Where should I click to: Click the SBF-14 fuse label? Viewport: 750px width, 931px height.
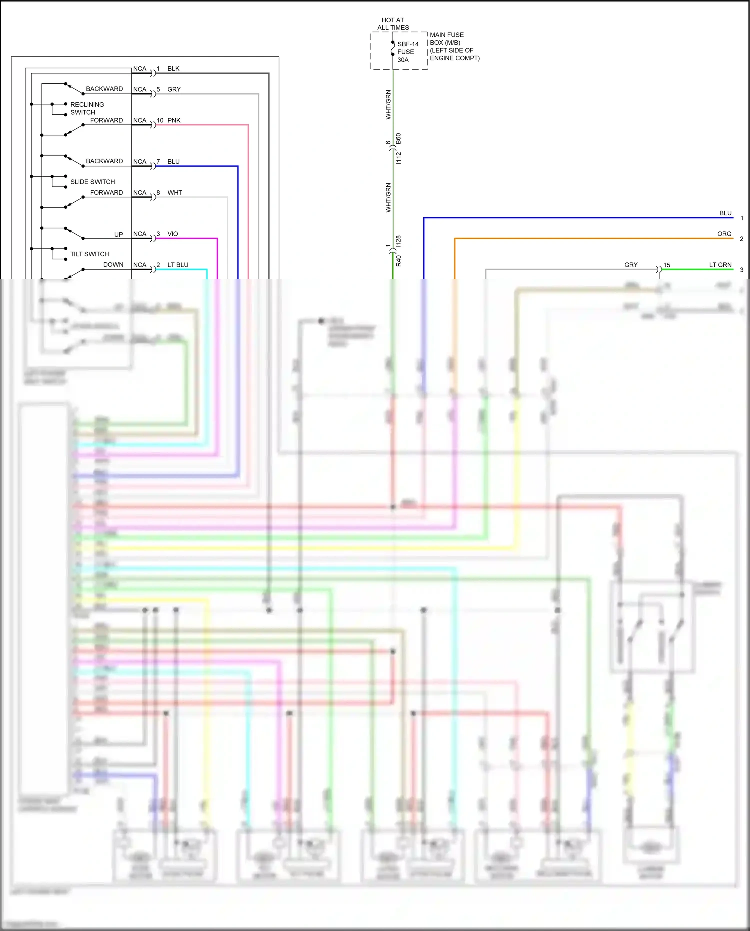[x=408, y=44]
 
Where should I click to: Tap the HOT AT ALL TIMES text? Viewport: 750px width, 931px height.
[x=393, y=24]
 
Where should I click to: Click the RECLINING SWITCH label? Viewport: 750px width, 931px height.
[x=87, y=108]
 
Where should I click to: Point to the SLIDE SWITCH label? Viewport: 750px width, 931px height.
[x=92, y=182]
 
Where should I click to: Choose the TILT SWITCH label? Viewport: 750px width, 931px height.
[x=89, y=254]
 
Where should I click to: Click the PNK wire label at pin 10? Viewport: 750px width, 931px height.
[x=174, y=120]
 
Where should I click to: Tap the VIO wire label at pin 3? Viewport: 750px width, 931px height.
[x=173, y=234]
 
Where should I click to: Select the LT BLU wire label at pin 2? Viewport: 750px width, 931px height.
[x=178, y=265]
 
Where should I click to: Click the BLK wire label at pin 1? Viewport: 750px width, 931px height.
[x=173, y=69]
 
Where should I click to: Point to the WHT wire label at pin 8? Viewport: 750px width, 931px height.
[x=175, y=193]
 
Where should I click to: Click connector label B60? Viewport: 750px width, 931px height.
[x=398, y=139]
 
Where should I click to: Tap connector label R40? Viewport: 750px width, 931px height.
[x=398, y=260]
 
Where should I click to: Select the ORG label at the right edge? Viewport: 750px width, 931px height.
[x=724, y=234]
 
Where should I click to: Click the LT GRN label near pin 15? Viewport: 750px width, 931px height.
[x=720, y=265]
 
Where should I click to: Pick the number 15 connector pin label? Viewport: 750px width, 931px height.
[x=666, y=265]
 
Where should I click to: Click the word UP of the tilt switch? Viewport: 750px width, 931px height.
[x=118, y=234]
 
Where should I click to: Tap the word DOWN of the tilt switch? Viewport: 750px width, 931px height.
[x=113, y=265]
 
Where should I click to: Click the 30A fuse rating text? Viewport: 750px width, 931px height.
[x=403, y=60]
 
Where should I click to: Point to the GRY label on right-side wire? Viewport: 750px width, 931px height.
[x=631, y=265]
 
